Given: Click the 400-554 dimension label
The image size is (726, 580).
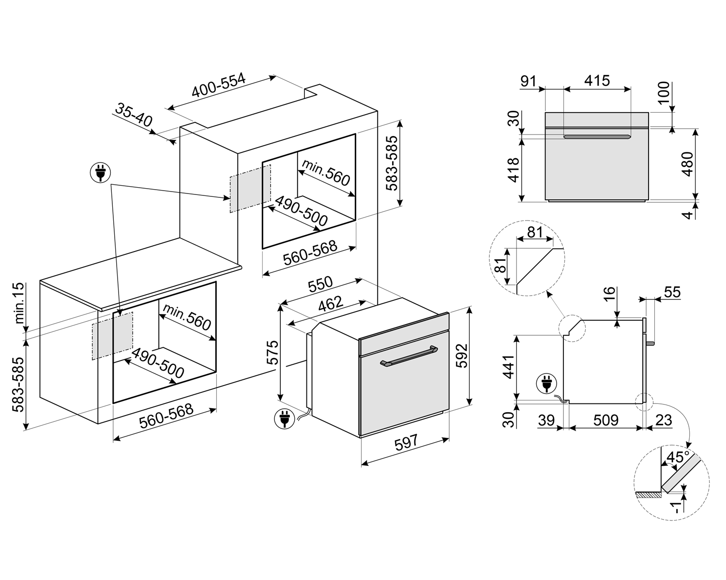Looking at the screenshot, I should coord(219,86).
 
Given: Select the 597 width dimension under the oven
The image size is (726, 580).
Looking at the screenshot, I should coord(406,443).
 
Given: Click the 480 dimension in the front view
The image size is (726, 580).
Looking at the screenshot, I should coord(687,164).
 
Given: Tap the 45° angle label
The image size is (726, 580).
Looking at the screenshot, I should coord(678,457).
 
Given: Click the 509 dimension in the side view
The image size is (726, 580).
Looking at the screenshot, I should coord(605,420).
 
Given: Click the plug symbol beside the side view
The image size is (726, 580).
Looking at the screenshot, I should coord(546,385).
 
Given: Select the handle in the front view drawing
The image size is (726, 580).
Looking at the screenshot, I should coord(597,137).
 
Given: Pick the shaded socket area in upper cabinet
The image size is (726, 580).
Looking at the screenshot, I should coord(250,188).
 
